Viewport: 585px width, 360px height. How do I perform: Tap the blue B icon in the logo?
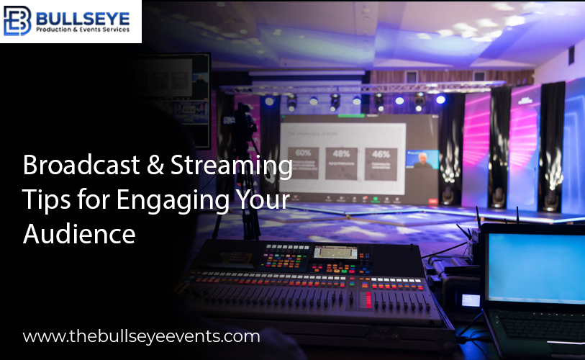(18, 22)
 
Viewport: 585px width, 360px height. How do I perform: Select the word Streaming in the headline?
(232, 166)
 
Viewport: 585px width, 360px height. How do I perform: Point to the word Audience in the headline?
(79, 233)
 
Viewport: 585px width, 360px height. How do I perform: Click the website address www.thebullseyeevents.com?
(141, 336)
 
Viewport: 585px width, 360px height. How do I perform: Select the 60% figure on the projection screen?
(304, 153)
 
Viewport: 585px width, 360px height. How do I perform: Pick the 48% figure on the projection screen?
(341, 153)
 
